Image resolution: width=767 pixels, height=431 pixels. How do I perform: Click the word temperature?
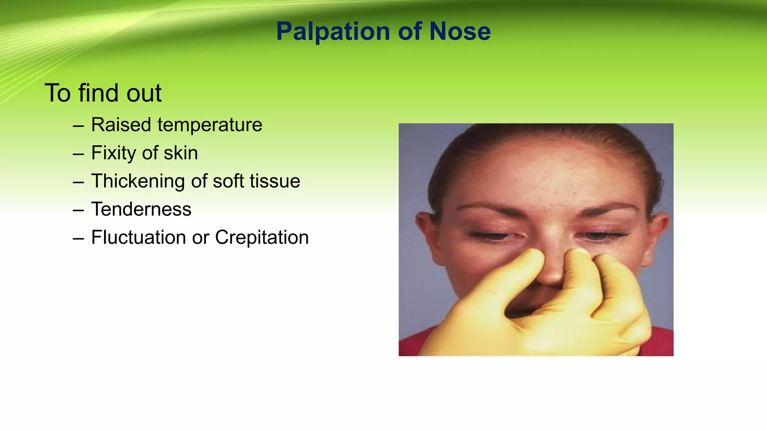pos(210,125)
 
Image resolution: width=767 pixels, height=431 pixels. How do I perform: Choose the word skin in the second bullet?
pos(181,153)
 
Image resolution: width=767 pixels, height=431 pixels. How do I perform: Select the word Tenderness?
pos(141,209)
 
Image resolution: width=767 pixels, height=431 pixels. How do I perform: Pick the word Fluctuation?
pos(139,237)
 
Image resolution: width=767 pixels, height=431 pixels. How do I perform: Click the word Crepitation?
pos(262,238)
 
